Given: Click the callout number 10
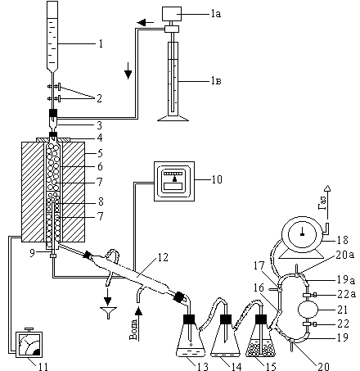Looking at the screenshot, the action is (217, 179).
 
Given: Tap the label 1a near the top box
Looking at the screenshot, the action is (216, 13).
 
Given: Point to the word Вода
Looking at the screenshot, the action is (133, 329).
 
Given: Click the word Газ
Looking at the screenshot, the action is (322, 203).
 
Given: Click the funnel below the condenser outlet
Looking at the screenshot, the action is (109, 312).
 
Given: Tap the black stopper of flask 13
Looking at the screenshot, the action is (189, 319).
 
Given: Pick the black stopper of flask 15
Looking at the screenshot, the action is (261, 319).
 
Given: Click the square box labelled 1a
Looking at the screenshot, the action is (172, 14).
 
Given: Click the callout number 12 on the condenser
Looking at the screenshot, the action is (163, 257).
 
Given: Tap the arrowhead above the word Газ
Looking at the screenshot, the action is (327, 188).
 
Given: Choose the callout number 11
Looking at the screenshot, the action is (43, 367).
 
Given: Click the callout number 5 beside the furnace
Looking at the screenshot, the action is (100, 153).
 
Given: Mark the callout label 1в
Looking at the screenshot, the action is (216, 81).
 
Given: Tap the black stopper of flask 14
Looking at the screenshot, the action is (226, 319).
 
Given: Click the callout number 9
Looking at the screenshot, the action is (32, 253).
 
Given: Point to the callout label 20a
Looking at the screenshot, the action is (344, 255).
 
